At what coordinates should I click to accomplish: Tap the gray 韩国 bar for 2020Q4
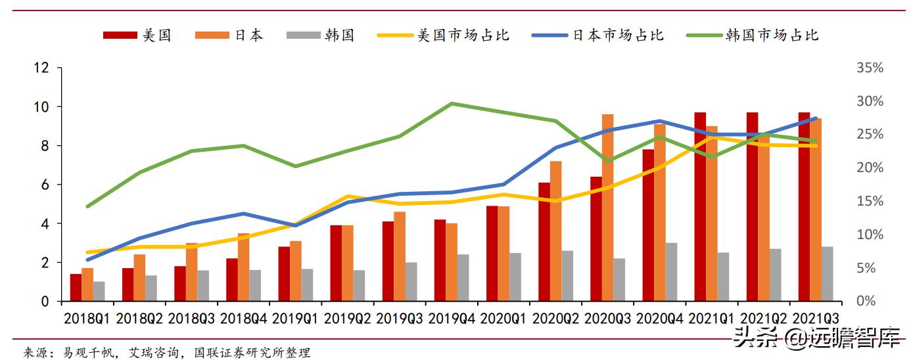[671, 272]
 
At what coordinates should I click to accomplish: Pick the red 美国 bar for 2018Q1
[76, 288]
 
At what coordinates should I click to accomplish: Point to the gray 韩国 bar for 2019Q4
[463, 278]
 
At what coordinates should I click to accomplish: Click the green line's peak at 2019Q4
[452, 103]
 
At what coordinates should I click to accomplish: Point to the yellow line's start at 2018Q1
[87, 252]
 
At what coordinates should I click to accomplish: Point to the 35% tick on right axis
[870, 68]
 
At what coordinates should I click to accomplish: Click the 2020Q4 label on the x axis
[659, 319]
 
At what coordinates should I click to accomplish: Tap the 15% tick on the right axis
[870, 202]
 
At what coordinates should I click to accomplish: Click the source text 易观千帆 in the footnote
[85, 353]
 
